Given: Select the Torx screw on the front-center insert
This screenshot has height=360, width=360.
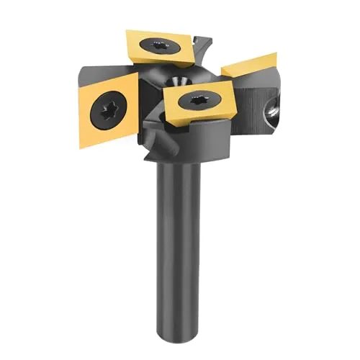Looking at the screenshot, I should click(196, 101).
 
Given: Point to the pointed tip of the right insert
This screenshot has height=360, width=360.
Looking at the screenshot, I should click(276, 53).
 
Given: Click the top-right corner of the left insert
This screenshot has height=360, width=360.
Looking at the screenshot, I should click(138, 71).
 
